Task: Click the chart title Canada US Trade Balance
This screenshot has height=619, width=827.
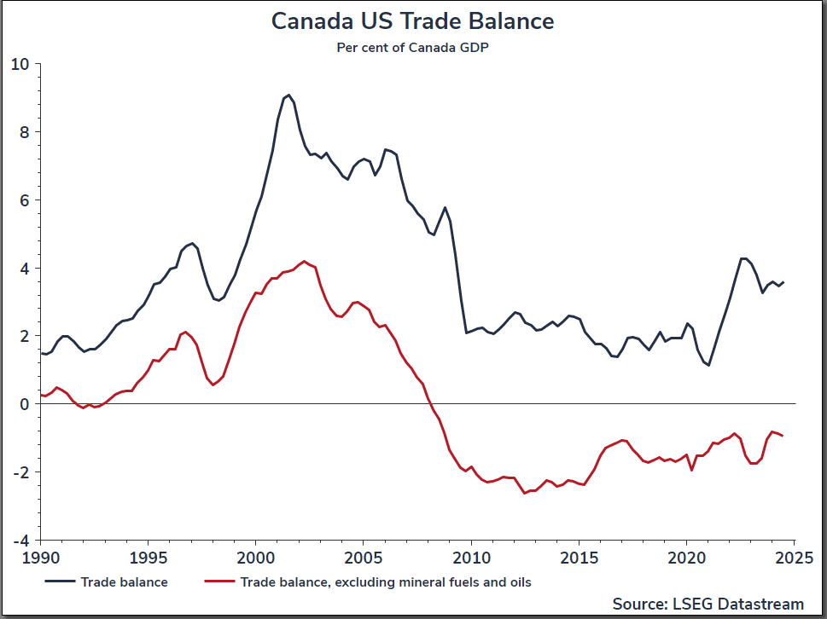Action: [x=413, y=21]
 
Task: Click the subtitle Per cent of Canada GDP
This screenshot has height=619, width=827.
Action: [x=413, y=48]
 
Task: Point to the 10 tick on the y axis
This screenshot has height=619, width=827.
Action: [x=20, y=64]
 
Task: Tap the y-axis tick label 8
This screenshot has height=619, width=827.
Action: [x=24, y=132]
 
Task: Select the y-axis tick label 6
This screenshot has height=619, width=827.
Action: [x=24, y=200]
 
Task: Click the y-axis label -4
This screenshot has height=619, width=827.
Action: [x=21, y=541]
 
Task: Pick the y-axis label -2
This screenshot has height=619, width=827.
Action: [x=21, y=472]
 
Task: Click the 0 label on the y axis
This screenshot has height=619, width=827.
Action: [x=24, y=404]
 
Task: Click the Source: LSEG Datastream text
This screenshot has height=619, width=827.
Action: [x=708, y=604]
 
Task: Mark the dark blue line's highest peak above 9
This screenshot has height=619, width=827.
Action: [x=289, y=95]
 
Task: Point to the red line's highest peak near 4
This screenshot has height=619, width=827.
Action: [x=304, y=261]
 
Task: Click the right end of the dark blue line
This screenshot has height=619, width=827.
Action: [x=783, y=282]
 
